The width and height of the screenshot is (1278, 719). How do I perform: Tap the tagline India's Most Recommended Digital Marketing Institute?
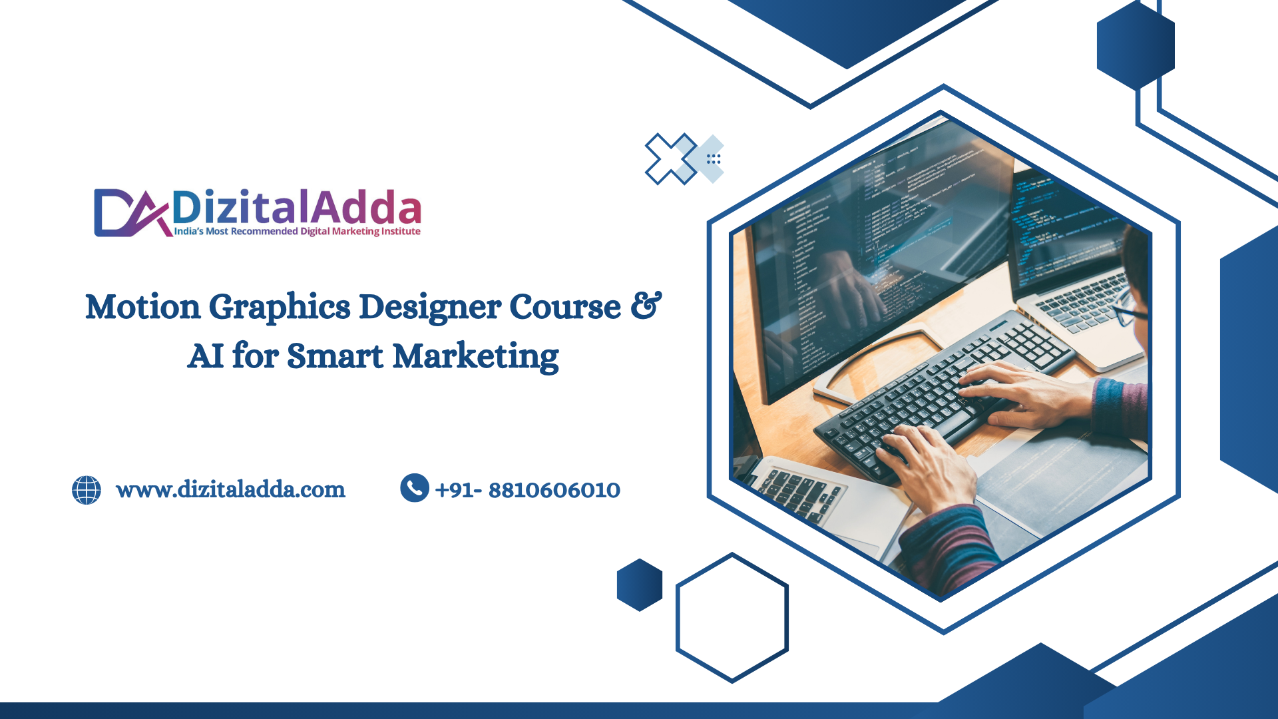pyautogui.click(x=298, y=232)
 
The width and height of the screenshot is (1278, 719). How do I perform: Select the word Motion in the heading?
pyautogui.click(x=143, y=307)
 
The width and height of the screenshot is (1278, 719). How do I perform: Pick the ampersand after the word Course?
pyautogui.click(x=646, y=306)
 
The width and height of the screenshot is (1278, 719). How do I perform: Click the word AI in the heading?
pyautogui.click(x=206, y=356)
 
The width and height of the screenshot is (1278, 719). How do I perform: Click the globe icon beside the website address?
pyautogui.click(x=87, y=490)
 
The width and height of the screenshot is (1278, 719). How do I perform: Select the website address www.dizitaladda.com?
pyautogui.click(x=230, y=490)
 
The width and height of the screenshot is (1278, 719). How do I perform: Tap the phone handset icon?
pyautogui.click(x=415, y=488)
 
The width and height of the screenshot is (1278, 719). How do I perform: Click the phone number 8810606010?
pyautogui.click(x=554, y=491)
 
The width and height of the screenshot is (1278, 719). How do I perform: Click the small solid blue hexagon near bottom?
pyautogui.click(x=640, y=585)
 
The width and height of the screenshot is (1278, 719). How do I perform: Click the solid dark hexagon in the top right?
pyautogui.click(x=1136, y=45)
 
